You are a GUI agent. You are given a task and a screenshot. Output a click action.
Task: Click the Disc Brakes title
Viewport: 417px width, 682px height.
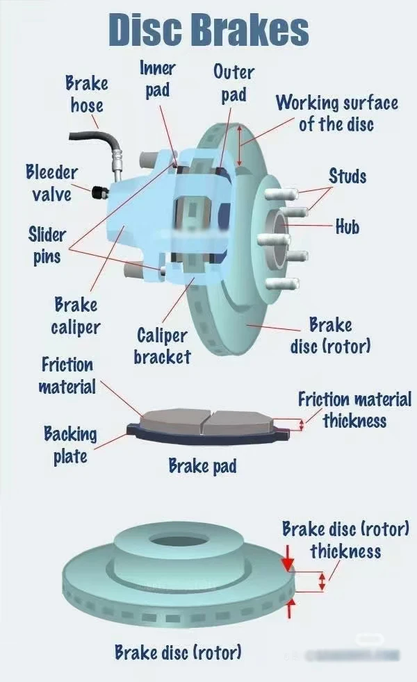click(x=208, y=29)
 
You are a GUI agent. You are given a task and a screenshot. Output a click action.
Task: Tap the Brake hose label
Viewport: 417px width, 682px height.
click(x=87, y=94)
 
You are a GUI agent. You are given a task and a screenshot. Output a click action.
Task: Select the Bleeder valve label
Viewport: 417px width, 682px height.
click(x=51, y=183)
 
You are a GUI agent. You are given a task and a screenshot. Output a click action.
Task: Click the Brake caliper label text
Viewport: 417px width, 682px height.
click(x=76, y=315)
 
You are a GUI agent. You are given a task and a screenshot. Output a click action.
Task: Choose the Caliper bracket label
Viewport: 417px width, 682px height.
click(x=162, y=346)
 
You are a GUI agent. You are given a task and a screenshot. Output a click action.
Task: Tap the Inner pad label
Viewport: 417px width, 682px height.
click(x=158, y=79)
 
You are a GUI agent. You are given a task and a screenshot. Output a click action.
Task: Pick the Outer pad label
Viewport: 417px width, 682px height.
click(x=234, y=83)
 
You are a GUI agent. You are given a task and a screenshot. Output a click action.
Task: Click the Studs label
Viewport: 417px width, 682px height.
click(x=347, y=176)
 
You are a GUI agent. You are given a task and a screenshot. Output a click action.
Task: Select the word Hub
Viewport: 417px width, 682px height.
click(x=347, y=226)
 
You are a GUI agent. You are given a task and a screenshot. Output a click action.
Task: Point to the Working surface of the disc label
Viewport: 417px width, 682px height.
click(x=337, y=113)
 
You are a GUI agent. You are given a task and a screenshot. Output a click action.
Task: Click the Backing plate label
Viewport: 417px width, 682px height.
click(x=70, y=445)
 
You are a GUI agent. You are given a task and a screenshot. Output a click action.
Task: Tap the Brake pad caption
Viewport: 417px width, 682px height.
click(x=202, y=465)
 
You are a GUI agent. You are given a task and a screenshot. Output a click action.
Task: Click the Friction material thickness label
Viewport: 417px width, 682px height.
click(x=354, y=410)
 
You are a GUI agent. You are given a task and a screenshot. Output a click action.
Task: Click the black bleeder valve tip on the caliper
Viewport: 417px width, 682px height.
click(x=97, y=190)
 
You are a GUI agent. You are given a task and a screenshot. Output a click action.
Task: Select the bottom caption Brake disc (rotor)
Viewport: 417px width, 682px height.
click(x=178, y=653)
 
